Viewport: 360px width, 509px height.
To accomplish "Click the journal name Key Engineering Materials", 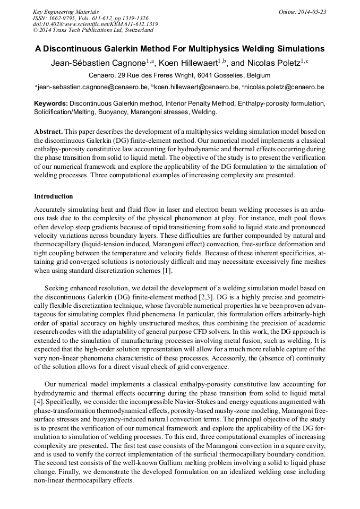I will (66, 12).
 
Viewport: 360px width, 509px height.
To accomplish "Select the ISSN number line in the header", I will (91, 18).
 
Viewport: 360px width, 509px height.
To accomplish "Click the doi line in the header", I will (96, 24).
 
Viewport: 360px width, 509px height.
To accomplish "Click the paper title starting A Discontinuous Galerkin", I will (180, 48).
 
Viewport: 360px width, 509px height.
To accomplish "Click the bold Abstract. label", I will (48, 131).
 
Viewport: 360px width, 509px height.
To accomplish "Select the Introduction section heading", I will (54, 196).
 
